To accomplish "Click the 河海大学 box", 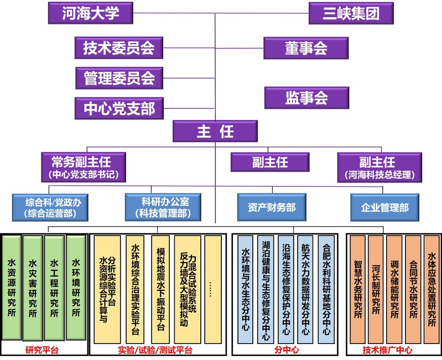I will click(x=92, y=13).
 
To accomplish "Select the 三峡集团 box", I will click(x=351, y=13).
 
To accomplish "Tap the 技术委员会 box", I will click(x=119, y=48).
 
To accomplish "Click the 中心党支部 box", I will click(x=119, y=107).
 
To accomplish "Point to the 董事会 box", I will click(x=306, y=48).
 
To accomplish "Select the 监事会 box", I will click(x=306, y=97).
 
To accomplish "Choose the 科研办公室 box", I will click(x=157, y=205).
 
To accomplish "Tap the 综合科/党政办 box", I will click(x=50, y=205).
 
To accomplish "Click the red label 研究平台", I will click(x=42, y=350).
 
